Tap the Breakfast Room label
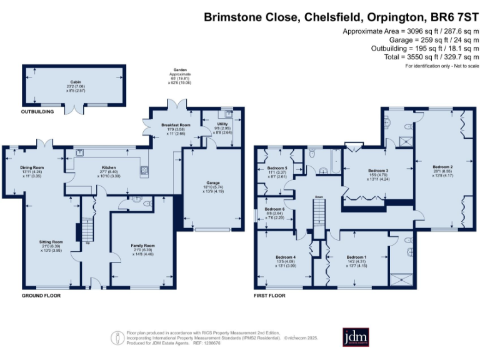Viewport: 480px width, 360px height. point(176,126)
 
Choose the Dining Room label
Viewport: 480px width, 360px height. point(32,167)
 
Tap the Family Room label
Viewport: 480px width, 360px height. point(142,246)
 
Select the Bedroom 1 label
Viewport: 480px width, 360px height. point(356,257)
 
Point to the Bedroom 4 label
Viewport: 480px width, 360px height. point(286,257)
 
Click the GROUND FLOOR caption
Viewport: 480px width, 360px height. point(41,295)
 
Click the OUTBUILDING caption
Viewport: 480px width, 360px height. point(37,112)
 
